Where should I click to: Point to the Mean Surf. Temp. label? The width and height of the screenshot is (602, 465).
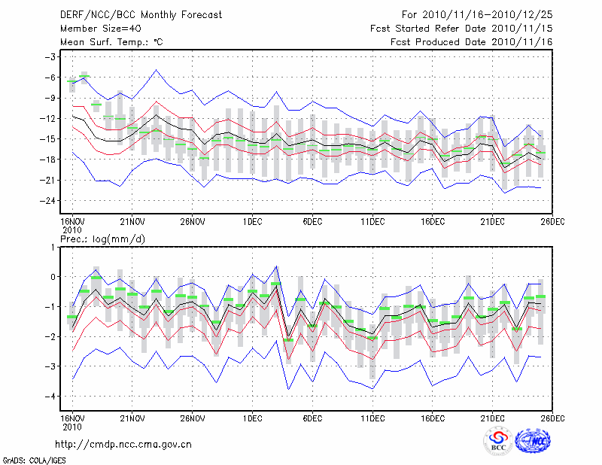111,42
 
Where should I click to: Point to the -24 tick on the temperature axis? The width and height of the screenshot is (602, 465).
49,201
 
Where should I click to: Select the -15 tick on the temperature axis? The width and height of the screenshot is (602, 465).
49,139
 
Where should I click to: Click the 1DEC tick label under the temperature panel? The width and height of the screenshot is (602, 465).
252,223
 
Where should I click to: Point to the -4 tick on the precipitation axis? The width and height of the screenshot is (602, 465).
51,397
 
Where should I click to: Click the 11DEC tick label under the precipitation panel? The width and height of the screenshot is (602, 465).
372,418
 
